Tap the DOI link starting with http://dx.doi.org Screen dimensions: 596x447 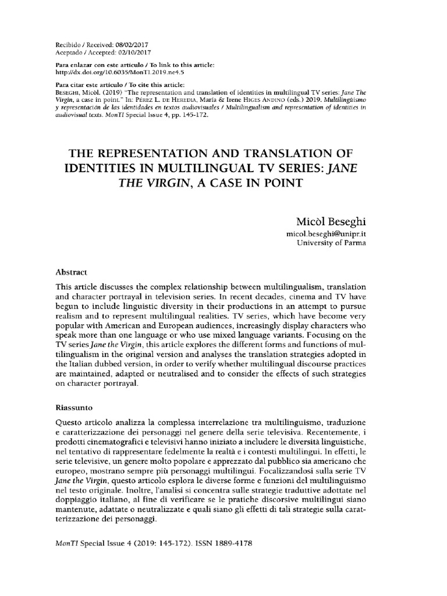pyautogui.click(x=111, y=73)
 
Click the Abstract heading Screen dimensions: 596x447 pyautogui.click(x=72, y=272)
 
